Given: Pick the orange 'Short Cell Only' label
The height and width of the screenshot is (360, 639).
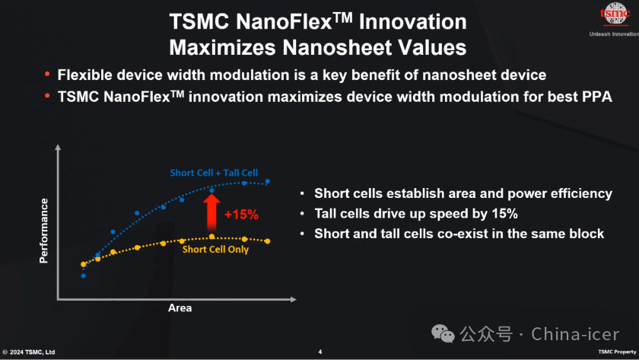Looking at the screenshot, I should click(x=215, y=250).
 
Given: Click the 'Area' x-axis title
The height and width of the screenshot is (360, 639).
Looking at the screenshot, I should click(x=180, y=308).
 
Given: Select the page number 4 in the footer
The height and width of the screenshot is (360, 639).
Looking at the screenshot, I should click(x=319, y=352).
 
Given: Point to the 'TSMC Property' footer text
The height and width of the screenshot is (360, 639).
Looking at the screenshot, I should click(x=615, y=352).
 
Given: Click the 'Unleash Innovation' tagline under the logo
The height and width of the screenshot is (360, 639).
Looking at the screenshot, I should click(x=614, y=33).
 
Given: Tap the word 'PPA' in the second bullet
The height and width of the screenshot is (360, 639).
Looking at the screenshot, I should click(x=595, y=97).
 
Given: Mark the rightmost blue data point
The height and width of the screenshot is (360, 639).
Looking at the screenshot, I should click(x=268, y=181).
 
